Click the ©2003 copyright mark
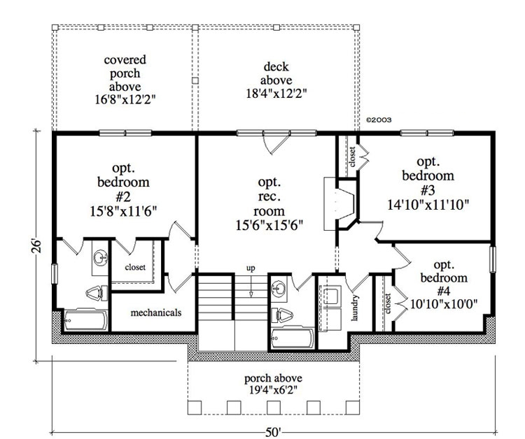[x=378, y=120]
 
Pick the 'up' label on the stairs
[x=250, y=268]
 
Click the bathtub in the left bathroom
[x=84, y=321]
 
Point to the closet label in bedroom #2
[x=135, y=266]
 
